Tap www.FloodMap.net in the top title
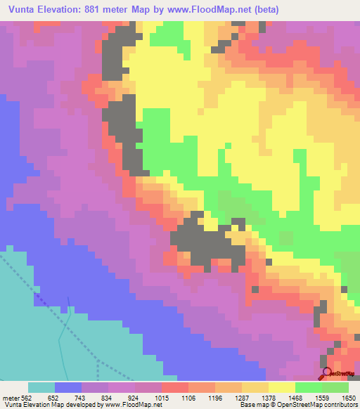pos(213,9)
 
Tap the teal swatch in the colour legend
pos(41,387)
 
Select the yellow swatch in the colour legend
pos(282,387)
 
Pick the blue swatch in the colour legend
pos(68,387)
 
